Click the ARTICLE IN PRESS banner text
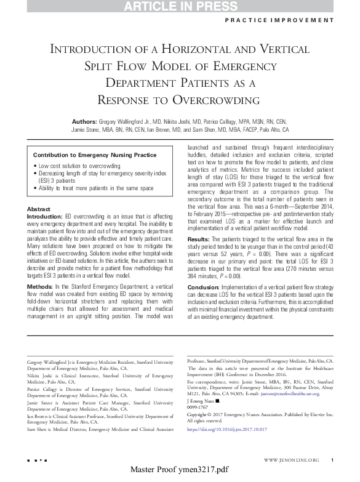point(180,7)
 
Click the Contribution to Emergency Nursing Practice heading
point(94,155)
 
